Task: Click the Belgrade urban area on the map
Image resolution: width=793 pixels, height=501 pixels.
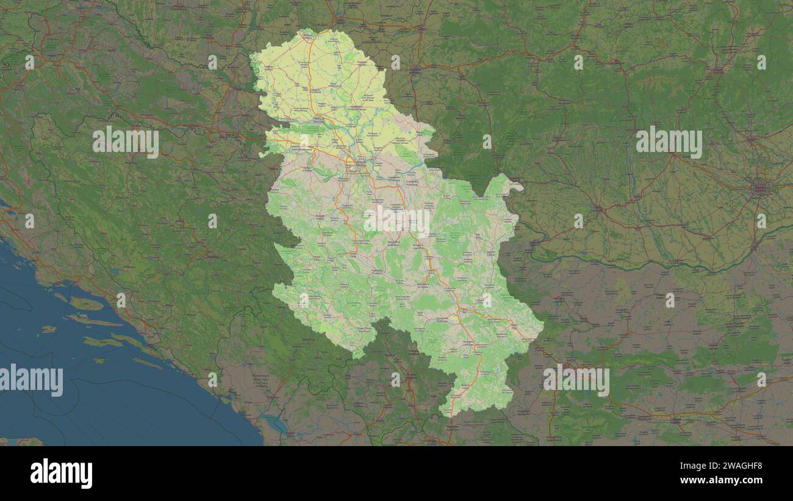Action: click(x=360, y=163)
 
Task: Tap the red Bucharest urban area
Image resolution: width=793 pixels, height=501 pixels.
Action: click(x=759, y=188)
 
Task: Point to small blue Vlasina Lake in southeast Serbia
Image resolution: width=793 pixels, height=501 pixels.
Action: click(x=499, y=370)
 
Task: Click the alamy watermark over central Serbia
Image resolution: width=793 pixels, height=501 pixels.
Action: click(x=396, y=221)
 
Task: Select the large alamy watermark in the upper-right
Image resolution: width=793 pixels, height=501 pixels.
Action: click(x=669, y=142)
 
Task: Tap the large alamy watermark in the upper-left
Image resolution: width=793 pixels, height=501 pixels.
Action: click(x=126, y=142)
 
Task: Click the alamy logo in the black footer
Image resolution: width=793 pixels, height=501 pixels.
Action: click(x=61, y=474)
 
